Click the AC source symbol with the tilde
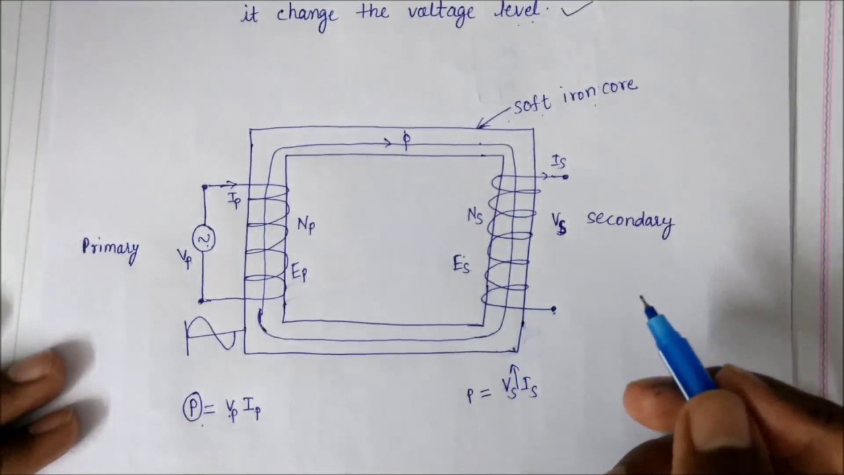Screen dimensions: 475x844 pos(204,239)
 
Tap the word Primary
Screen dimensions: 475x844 pos(110,249)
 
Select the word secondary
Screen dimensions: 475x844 pos(630,221)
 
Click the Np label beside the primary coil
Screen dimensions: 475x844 pos(306,225)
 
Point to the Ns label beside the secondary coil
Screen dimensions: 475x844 pos(475,216)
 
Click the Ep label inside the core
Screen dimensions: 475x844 pos(299,271)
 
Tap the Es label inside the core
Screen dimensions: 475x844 pos(462,265)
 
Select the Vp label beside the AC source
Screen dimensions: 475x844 pos(185,256)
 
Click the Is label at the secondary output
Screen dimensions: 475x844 pos(558,162)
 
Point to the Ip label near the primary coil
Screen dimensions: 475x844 pos(235,201)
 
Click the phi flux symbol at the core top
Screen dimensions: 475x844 pos(406,141)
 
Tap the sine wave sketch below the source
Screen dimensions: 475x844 pos(211,334)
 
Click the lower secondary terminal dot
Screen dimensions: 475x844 pos(553,309)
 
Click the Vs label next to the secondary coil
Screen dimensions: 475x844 pos(560,223)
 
